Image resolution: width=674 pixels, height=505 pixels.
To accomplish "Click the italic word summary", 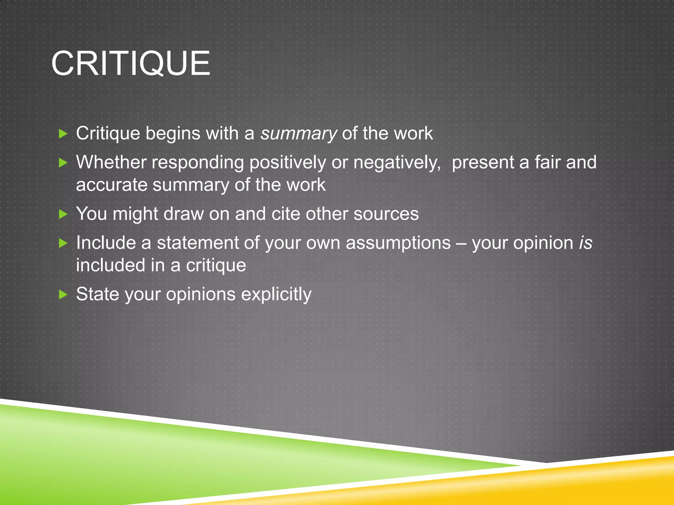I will (298, 134).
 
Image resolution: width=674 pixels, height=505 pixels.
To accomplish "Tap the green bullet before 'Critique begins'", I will (63, 134).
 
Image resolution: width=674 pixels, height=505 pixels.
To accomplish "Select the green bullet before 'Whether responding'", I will (63, 163).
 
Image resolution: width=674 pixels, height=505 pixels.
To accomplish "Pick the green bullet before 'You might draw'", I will (63, 214).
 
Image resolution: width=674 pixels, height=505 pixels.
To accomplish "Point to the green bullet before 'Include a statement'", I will (63, 243).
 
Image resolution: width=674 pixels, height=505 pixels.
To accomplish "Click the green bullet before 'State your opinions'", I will (63, 295).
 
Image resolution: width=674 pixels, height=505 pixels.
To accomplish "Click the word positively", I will (287, 163).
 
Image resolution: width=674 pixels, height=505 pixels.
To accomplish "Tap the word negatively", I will (397, 163).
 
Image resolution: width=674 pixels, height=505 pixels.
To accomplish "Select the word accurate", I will (111, 185).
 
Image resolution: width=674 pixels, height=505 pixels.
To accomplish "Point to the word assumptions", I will (398, 243).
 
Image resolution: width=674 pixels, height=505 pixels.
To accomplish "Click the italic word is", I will (585, 243).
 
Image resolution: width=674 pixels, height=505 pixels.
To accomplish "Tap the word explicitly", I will (276, 295).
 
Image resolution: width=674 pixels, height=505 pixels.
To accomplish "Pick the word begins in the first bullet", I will (173, 134).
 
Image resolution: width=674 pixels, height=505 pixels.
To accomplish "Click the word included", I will (111, 265).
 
